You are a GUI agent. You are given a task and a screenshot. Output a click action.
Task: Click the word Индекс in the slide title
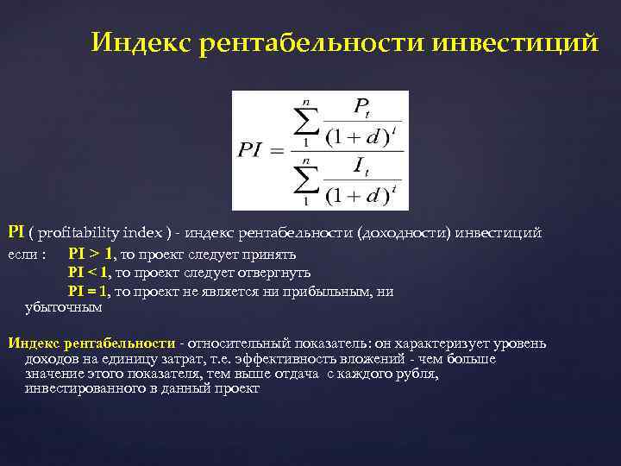coord(141,42)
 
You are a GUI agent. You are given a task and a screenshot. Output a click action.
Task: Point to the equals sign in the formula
coord(277,151)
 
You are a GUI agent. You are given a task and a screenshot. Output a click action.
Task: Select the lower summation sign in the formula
coord(304,182)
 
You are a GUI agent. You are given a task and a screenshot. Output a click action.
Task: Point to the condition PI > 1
coord(90,255)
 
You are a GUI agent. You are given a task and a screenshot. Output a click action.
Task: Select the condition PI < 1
coord(90,274)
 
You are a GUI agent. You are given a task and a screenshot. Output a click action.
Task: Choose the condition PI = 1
coord(90,292)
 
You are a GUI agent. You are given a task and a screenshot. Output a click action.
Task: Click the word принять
coord(268,255)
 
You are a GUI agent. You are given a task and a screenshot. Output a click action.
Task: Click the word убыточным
coord(64,307)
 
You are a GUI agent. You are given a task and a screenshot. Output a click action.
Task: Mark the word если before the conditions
coord(22,255)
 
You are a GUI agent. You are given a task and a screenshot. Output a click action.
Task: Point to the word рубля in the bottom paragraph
coord(417,375)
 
